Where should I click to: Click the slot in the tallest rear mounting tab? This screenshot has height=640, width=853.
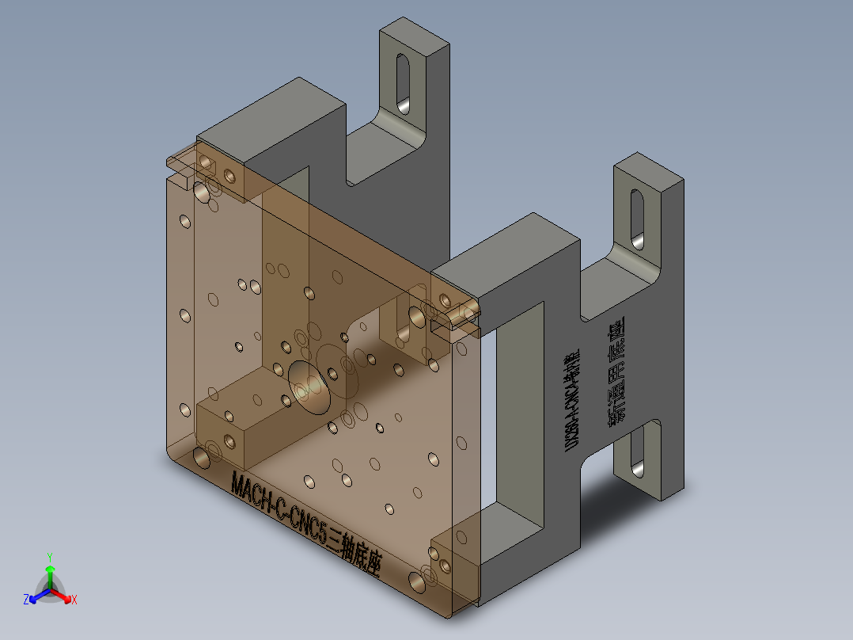(403, 82)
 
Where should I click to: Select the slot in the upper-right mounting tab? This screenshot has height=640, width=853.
(638, 215)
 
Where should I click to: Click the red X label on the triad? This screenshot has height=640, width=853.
(74, 600)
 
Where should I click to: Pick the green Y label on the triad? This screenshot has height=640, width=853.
(49, 557)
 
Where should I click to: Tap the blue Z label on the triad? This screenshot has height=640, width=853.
(26, 600)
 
